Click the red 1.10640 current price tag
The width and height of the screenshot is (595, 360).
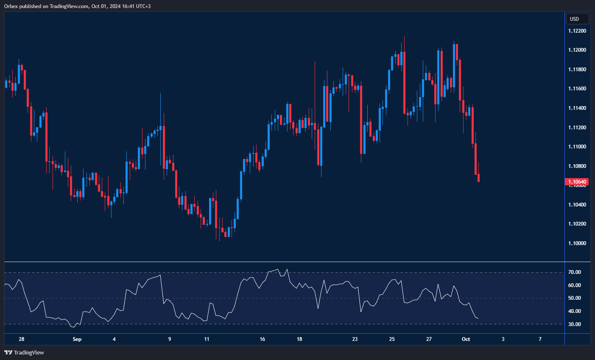click(577, 182)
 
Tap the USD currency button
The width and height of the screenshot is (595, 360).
click(577, 19)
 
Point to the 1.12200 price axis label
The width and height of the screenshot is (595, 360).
click(577, 31)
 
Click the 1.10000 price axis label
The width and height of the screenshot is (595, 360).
click(577, 243)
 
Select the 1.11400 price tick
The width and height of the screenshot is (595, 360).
click(577, 108)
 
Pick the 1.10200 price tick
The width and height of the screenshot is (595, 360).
click(577, 224)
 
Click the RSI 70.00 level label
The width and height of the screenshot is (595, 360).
click(575, 272)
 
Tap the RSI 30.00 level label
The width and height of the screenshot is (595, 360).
click(575, 324)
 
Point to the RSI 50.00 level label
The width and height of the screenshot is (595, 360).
click(575, 298)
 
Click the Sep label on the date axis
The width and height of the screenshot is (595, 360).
click(77, 339)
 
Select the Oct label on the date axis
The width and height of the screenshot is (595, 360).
click(466, 339)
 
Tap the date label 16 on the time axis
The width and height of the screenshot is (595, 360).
click(263, 339)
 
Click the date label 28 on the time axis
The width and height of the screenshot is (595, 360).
click(22, 339)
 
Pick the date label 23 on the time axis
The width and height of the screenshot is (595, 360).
click(355, 339)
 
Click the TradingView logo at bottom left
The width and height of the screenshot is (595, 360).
click(24, 352)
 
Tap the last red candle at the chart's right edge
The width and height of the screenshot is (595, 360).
click(479, 178)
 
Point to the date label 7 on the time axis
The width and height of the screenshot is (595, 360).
click(540, 339)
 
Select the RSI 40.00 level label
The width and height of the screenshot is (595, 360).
click(575, 311)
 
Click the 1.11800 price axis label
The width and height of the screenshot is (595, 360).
click(577, 70)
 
